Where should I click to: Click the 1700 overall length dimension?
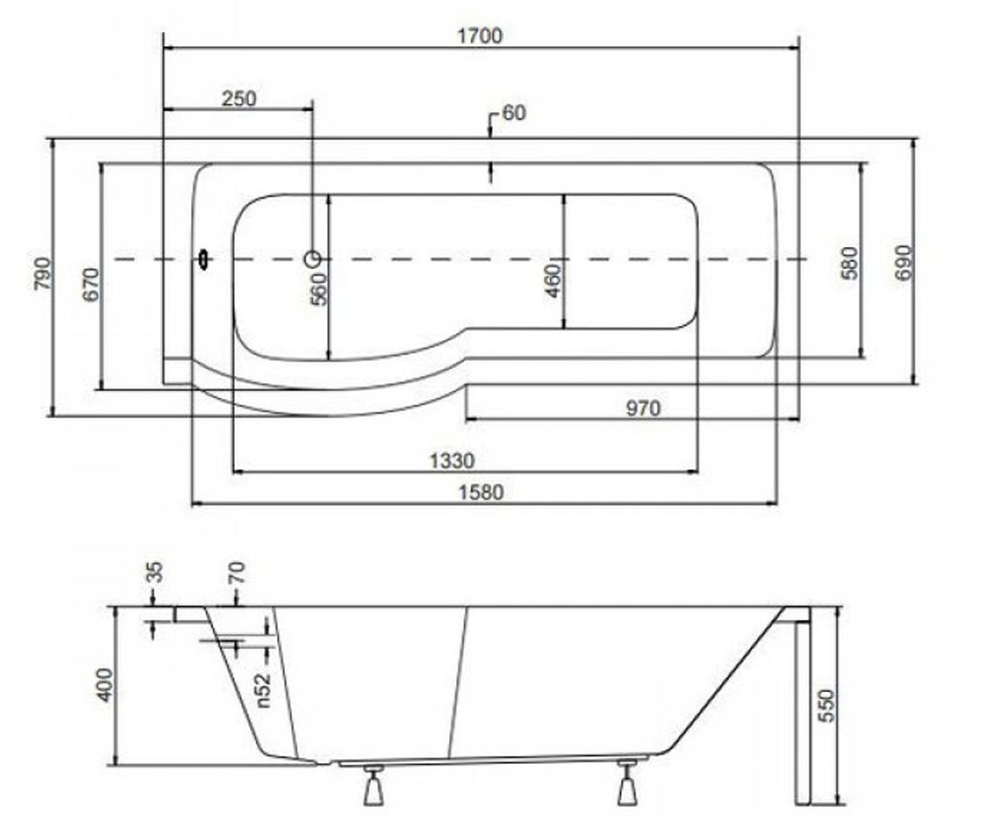480,36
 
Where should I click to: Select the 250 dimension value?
239,99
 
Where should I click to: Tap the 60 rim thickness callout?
513,113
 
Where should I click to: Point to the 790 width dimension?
42,273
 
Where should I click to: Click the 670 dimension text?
91,285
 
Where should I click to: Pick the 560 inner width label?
320,290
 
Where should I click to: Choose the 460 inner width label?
553,281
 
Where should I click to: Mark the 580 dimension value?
850,263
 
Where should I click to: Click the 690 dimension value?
902,263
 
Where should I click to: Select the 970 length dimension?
643,408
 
